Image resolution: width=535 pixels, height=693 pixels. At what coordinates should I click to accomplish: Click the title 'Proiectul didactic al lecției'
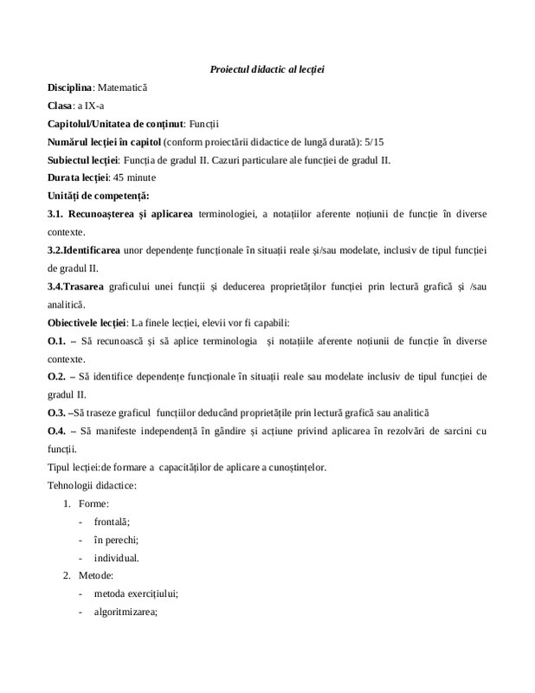273,68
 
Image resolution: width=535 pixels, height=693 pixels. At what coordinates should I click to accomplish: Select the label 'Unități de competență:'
99,196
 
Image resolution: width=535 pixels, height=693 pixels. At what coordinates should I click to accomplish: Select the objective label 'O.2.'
58,377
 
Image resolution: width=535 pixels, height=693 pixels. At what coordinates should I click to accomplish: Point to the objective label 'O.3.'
57,413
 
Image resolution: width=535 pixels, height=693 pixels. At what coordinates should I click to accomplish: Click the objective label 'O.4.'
58,431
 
